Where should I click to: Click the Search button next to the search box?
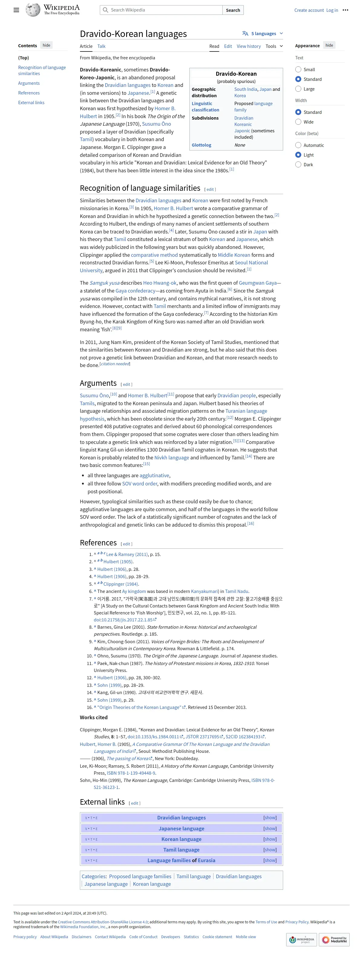233,10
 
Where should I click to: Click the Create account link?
309,10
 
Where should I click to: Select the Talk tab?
101,46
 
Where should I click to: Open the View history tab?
248,46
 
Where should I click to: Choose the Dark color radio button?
298,165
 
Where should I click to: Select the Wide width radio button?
298,122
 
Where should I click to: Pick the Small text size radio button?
298,70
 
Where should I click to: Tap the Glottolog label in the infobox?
201,145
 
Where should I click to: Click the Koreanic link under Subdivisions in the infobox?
243,124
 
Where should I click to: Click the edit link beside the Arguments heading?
126,385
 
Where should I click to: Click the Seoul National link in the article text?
251,263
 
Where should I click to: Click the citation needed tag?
115,364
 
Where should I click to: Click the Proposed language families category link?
140,876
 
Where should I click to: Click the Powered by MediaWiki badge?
334,939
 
